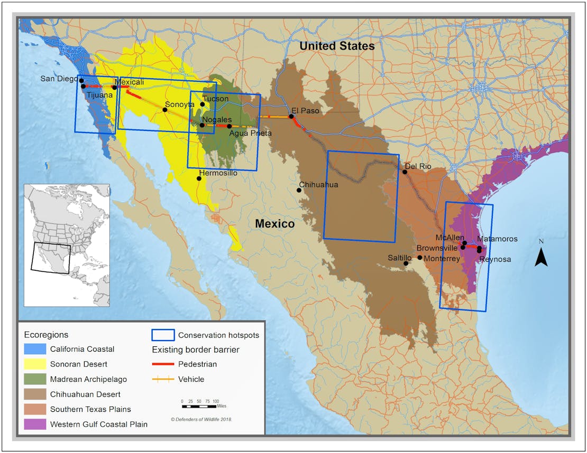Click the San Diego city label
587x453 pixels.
(58, 79)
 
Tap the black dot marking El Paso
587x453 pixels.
(291, 117)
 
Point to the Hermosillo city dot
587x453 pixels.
(199, 178)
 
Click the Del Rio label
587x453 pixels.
(420, 166)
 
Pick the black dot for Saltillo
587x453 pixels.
(406, 263)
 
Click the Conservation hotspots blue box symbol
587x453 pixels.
(163, 335)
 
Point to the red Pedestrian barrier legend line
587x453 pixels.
(163, 364)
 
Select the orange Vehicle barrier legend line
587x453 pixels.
(163, 379)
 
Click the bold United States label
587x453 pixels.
(337, 46)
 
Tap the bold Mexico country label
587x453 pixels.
(274, 224)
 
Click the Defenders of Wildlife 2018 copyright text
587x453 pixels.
(201, 419)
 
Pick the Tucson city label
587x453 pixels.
(216, 99)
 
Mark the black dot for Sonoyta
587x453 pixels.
(166, 110)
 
